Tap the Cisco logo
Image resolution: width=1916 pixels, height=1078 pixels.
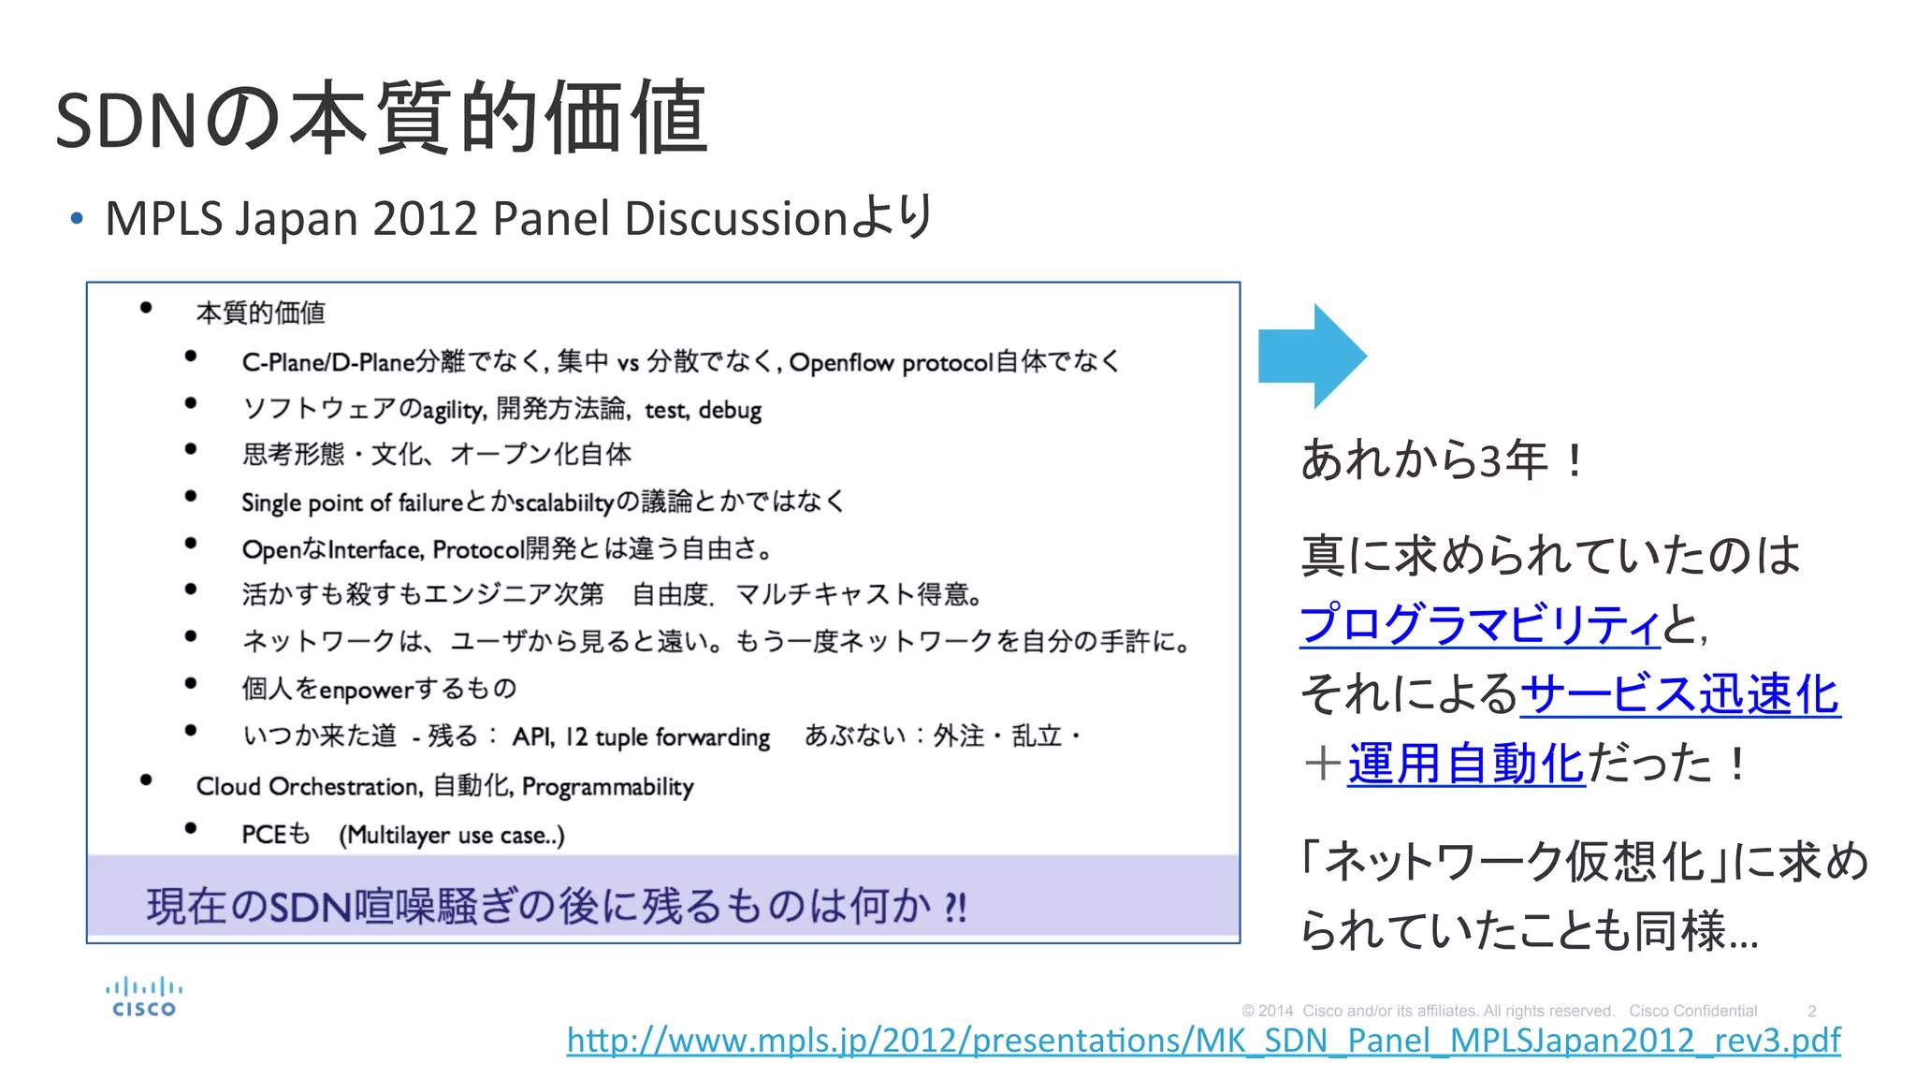pos(144,998)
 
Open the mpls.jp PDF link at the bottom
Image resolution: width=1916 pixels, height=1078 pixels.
pos(1203,1041)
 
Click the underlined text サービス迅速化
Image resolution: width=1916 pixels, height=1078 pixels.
pos(1680,694)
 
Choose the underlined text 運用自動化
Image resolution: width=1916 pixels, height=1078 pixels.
pos(1466,764)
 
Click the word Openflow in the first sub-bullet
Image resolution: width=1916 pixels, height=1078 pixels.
pos(841,362)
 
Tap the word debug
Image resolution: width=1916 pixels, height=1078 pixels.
pos(730,410)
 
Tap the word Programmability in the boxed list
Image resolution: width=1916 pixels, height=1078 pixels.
pos(608,787)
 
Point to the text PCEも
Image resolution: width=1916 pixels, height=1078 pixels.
pos(275,834)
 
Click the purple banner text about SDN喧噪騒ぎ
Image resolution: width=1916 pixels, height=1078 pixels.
pos(556,906)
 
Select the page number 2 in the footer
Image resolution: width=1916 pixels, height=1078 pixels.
pos(1811,1011)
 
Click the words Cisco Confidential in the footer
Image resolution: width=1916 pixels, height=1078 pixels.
pos(1692,1011)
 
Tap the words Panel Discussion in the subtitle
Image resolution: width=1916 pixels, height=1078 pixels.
pos(670,219)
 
